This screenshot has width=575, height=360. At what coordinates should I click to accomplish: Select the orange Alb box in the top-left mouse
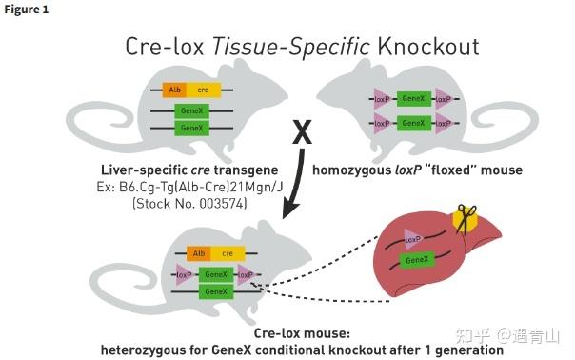tap(174, 90)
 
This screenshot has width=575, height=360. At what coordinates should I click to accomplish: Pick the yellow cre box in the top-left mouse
tap(204, 90)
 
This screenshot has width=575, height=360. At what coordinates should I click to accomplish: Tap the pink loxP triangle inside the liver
tap(412, 237)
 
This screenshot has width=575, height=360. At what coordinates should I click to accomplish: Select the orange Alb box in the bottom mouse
tap(199, 253)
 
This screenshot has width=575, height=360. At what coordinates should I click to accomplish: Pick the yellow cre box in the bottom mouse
tap(228, 253)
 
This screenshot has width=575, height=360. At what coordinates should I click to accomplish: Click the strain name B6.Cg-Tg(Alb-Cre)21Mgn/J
tap(186, 188)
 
